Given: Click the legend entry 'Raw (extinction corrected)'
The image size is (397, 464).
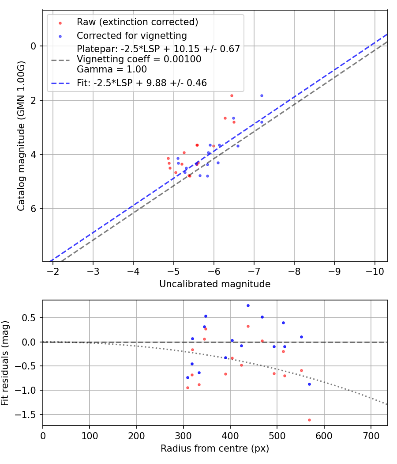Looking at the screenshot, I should tap(137, 22).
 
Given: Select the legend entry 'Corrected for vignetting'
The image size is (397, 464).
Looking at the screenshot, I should tap(131, 35).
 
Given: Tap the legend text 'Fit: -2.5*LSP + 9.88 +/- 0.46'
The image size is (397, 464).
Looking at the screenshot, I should tap(142, 83).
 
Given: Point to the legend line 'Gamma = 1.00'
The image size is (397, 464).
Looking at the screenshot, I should tap(112, 69).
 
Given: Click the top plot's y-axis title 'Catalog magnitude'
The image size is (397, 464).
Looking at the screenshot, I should tap(21, 136).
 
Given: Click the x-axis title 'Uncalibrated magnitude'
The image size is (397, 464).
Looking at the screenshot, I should tap(215, 284).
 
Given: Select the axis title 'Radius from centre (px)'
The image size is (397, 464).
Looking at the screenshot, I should tap(215, 449).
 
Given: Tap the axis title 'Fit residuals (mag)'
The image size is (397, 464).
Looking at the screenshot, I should tap(5, 362).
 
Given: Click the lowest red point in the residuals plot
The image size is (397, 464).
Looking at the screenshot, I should tap(309, 420).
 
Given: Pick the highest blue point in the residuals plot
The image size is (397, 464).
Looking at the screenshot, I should tap(248, 305).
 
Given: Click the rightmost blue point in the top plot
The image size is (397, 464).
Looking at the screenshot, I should tap(262, 95).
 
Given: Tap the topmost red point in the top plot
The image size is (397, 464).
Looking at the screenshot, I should tap(232, 95).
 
